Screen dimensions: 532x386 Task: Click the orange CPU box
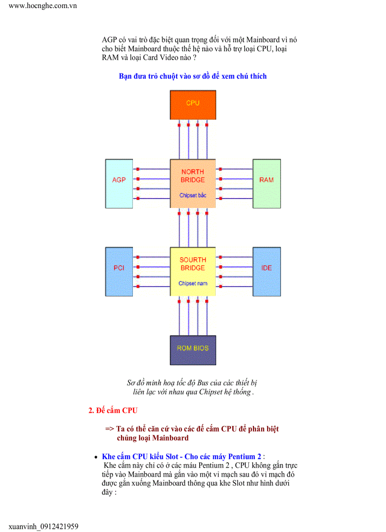(193, 105)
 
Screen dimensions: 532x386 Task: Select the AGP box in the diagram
(119, 183)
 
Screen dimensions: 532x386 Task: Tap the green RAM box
(266, 183)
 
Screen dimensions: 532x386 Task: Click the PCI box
(119, 271)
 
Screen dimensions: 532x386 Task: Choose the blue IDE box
(266, 271)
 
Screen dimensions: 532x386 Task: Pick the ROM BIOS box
(193, 350)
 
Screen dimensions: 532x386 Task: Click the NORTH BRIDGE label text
(193, 176)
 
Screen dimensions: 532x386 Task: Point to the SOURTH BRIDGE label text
(193, 264)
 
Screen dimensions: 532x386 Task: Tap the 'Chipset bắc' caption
(193, 195)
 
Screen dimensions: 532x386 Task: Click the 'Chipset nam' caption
(193, 283)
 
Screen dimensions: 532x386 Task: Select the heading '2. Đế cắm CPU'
(113, 410)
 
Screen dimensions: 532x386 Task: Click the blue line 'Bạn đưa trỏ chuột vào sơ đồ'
(193, 76)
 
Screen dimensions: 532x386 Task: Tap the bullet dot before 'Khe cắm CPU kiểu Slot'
(96, 457)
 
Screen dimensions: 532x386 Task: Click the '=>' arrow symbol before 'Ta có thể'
(109, 429)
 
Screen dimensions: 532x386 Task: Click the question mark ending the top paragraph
(194, 57)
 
